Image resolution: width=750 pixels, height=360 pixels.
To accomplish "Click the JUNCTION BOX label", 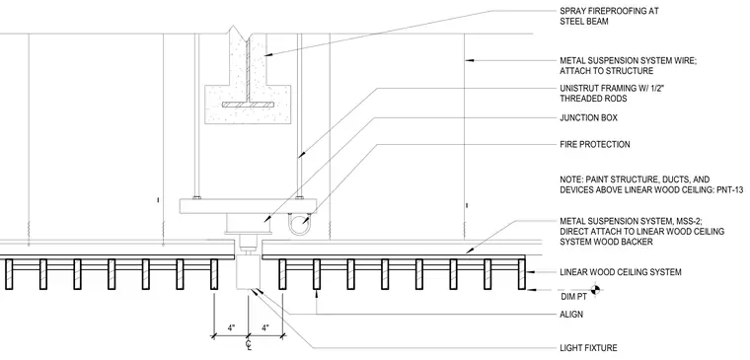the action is point(588,117).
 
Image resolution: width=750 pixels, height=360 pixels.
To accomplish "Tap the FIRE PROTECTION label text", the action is point(594,144).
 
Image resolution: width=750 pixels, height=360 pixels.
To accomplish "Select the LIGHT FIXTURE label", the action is point(588,348).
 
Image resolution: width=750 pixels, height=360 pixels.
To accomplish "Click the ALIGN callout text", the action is point(571,315).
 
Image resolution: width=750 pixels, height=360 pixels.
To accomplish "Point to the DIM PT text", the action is point(572,297).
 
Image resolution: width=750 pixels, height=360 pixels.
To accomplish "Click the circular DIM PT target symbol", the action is point(595,289).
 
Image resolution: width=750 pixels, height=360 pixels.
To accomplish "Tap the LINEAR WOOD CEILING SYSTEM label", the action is point(621,272).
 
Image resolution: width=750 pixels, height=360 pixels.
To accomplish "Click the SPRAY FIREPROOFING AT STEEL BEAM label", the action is point(609,16).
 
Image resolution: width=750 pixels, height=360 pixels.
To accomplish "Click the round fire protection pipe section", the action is point(299,224).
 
